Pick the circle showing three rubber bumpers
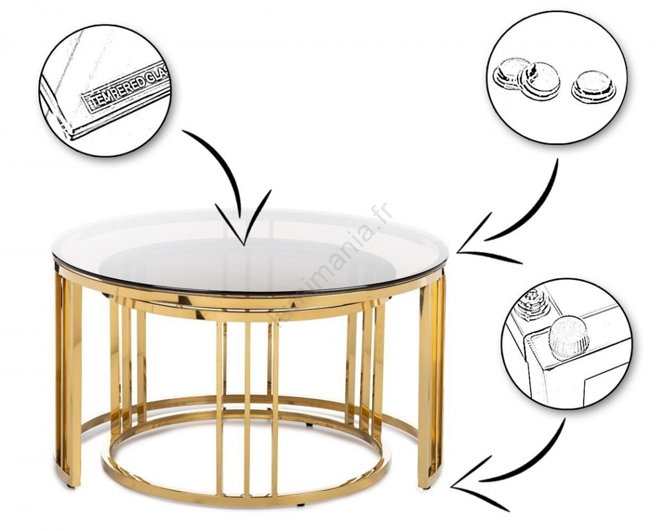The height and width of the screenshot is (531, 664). pyautogui.click(x=556, y=77)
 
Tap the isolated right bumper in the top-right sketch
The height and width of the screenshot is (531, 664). pyautogui.click(x=593, y=86)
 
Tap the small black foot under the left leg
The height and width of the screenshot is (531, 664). pyautogui.click(x=70, y=485)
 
